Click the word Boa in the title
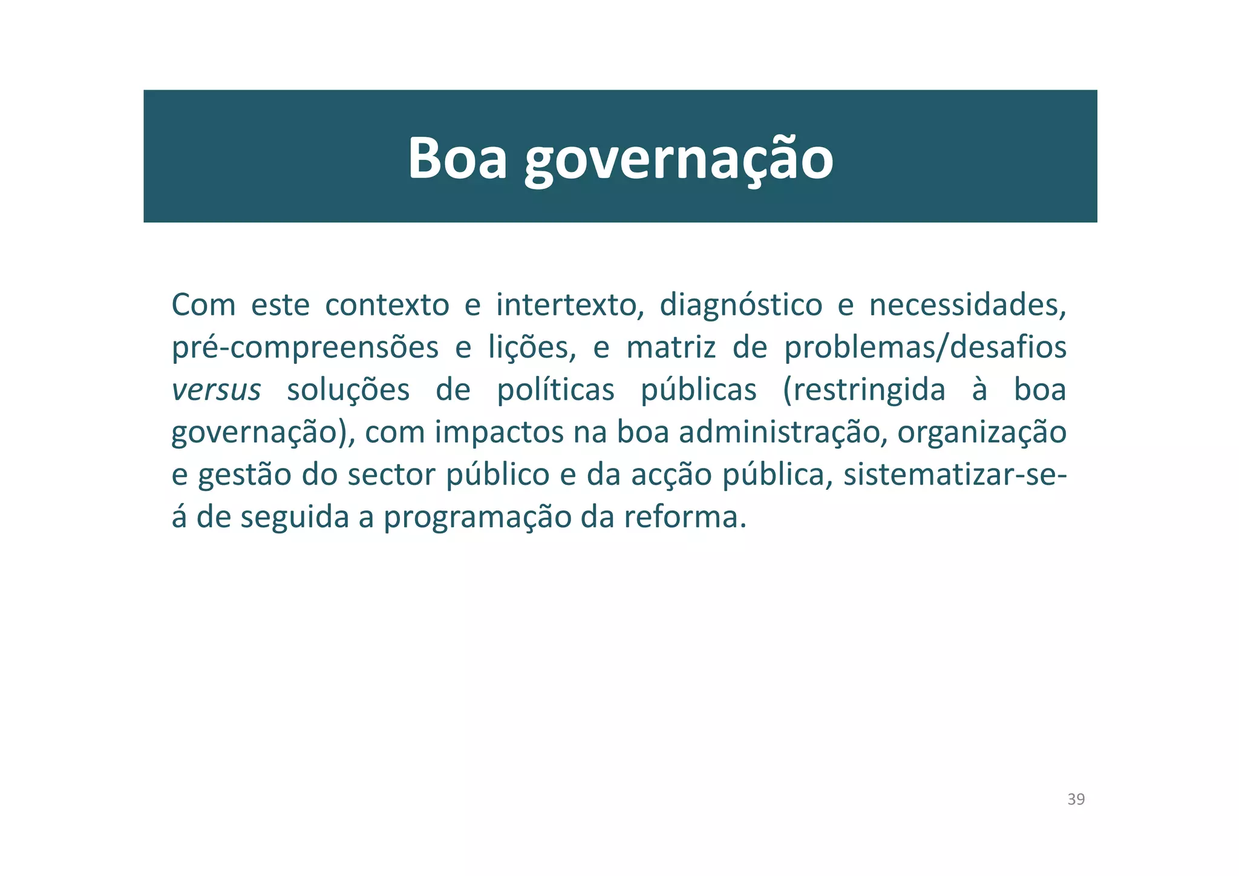click(457, 158)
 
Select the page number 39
click(1076, 799)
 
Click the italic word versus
click(216, 390)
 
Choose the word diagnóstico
click(740, 306)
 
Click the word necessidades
click(967, 305)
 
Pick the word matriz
click(671, 347)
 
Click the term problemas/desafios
click(925, 347)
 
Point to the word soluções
click(348, 390)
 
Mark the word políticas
click(555, 390)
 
